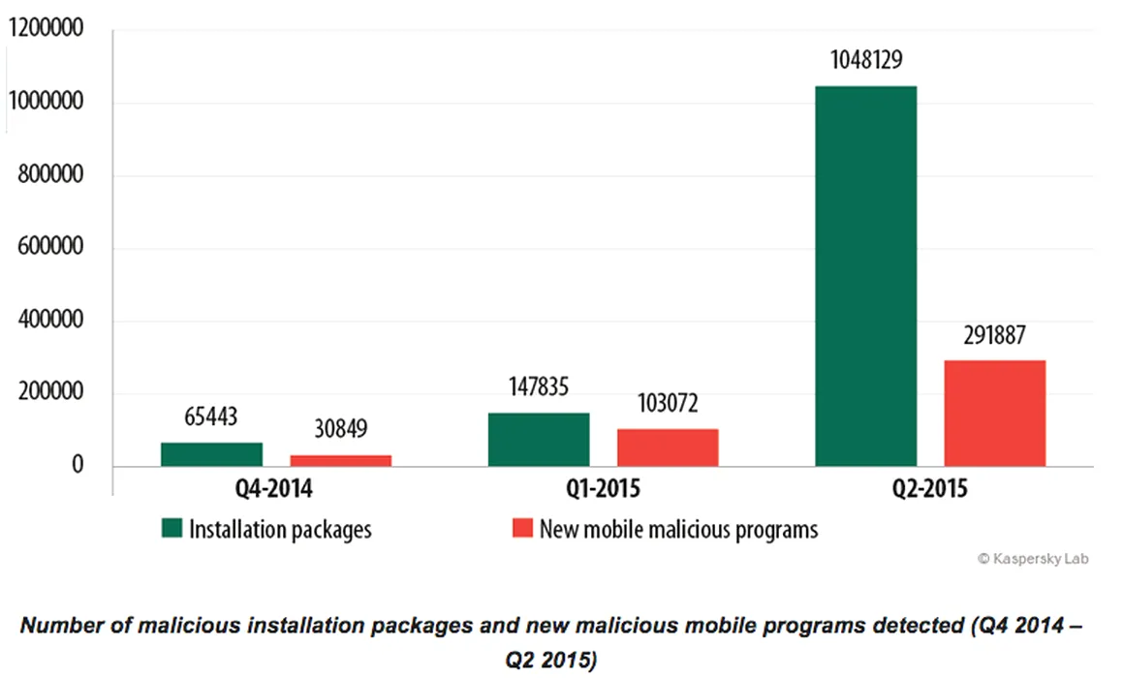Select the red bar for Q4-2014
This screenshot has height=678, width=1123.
click(x=340, y=461)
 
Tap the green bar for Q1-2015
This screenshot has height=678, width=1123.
click(x=539, y=440)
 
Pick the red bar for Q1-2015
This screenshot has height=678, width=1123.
click(x=668, y=447)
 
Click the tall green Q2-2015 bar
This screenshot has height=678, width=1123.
click(x=866, y=276)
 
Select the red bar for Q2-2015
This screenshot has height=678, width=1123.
click(x=995, y=414)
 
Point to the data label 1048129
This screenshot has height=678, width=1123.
click(x=866, y=61)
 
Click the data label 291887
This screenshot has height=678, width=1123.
click(x=995, y=336)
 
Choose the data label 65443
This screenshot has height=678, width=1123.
click(x=211, y=418)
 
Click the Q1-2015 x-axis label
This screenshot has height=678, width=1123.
click(x=602, y=489)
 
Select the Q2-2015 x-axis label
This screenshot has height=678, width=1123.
click(x=929, y=489)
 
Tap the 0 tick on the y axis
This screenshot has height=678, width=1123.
click(x=78, y=467)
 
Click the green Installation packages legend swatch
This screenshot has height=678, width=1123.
click(x=172, y=529)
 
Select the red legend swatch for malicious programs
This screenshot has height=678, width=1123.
click(x=522, y=529)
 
